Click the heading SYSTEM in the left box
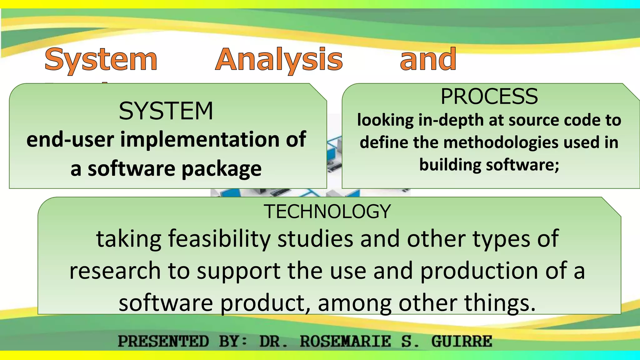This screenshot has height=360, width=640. point(166,111)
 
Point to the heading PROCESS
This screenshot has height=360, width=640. point(489,97)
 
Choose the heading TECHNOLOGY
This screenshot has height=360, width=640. point(327,212)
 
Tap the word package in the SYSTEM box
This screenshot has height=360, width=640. point(221,169)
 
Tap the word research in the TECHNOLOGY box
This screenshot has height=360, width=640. point(115,271)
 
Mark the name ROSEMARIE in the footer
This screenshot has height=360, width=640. point(345,341)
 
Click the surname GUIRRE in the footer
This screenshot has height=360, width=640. point(462,341)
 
